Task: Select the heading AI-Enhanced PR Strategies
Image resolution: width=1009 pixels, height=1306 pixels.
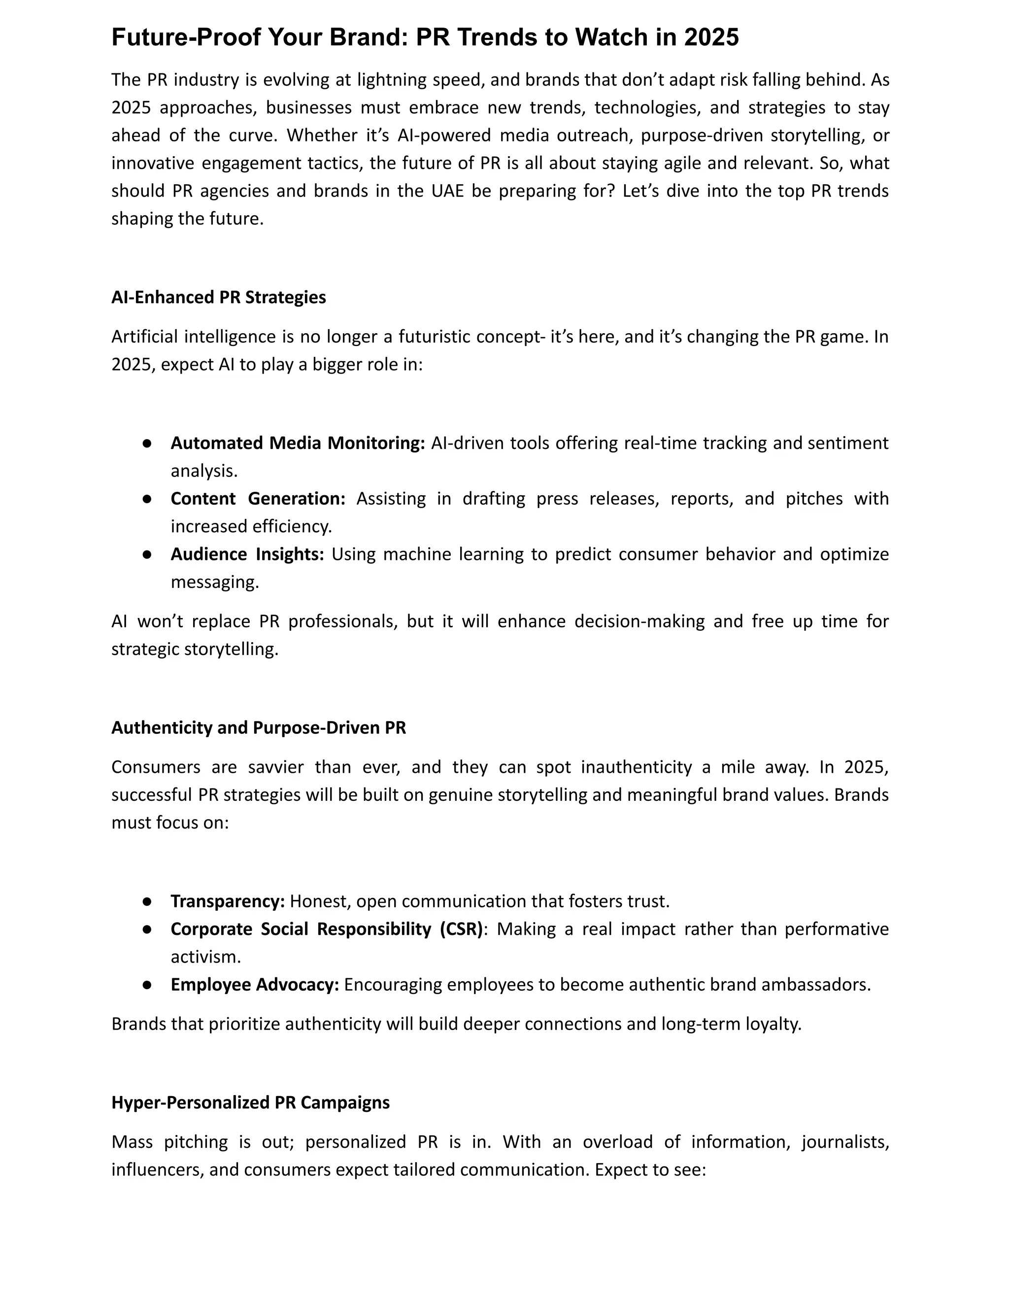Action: (219, 297)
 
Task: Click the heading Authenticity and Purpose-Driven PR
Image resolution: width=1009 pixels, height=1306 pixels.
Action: (258, 728)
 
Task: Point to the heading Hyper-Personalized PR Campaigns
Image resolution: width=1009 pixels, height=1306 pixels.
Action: (250, 1102)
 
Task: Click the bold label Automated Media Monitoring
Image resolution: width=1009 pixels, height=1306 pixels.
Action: (298, 443)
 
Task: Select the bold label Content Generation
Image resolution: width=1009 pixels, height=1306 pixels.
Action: (258, 499)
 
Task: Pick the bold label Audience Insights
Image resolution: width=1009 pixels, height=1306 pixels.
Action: (247, 554)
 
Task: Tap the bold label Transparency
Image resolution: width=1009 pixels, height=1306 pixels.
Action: (228, 901)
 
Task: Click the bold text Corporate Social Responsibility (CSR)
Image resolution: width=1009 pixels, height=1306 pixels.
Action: (326, 929)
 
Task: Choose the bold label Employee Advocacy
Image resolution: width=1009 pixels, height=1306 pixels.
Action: (255, 984)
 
